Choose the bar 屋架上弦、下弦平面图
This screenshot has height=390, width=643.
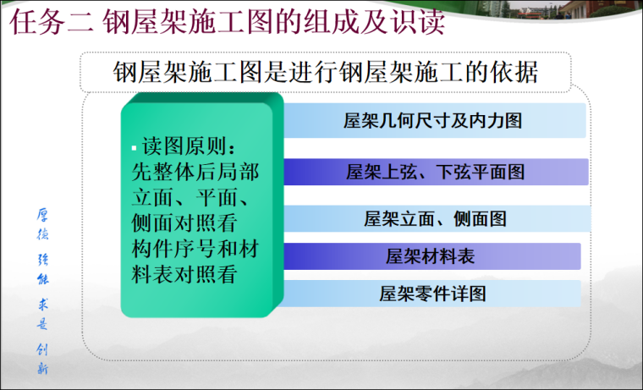click(x=435, y=172)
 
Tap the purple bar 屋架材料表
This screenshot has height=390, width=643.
click(x=431, y=256)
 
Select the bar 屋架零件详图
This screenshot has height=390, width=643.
click(x=431, y=294)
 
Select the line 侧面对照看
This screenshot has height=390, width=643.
click(x=184, y=224)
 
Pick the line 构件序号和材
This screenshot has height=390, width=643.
click(x=195, y=250)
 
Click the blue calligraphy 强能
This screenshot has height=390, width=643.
click(x=41, y=269)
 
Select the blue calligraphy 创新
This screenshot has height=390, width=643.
click(x=41, y=358)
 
